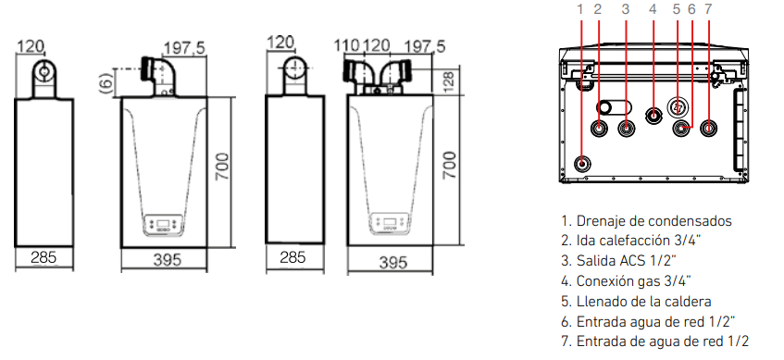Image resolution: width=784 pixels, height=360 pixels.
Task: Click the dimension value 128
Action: coord(449,81)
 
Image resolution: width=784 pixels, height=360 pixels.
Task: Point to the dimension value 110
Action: coord(346,46)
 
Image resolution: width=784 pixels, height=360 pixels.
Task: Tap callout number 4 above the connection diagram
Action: coord(653,9)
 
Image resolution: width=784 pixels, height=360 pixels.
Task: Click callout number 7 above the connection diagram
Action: coord(707,9)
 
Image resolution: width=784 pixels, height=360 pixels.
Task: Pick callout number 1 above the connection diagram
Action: coord(580,9)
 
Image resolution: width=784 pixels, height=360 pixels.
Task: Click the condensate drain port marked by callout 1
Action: coord(581,164)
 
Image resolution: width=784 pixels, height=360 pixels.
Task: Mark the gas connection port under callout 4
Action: coord(653,116)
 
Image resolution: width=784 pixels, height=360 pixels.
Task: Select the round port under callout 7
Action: coord(707,129)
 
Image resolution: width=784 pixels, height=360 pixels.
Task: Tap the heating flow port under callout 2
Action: coord(599,129)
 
